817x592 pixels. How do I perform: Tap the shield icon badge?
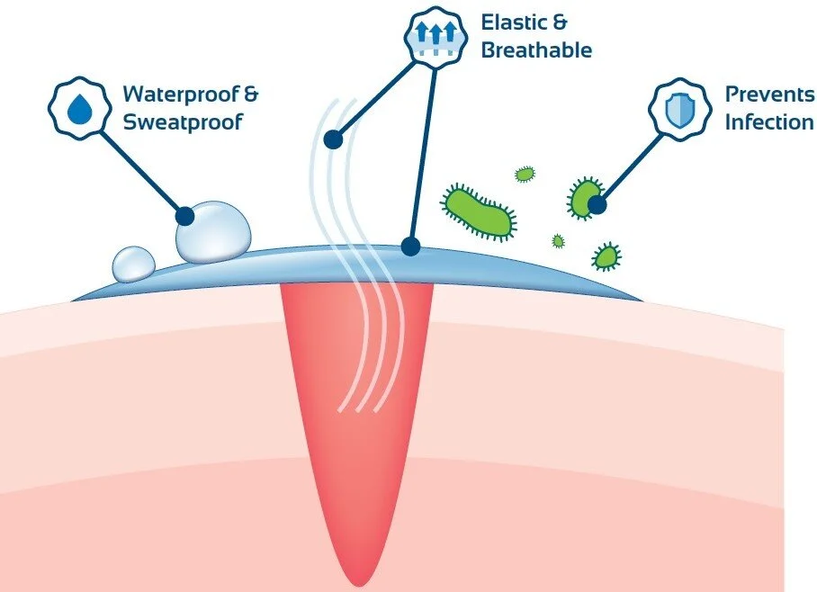click(x=674, y=108)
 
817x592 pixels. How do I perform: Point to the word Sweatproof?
click(x=184, y=121)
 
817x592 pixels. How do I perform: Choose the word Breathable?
click(x=536, y=49)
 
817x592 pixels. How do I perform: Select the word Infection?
click(x=769, y=121)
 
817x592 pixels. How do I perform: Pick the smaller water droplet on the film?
click(x=134, y=263)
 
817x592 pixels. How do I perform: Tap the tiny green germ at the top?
click(x=524, y=174)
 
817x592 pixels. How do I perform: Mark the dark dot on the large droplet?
click(x=185, y=215)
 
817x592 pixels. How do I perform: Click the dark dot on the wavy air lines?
click(x=333, y=139)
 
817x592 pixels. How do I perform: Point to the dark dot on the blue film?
click(x=410, y=245)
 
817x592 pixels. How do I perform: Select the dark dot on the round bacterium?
click(x=596, y=205)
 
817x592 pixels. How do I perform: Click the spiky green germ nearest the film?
click(x=606, y=257)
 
